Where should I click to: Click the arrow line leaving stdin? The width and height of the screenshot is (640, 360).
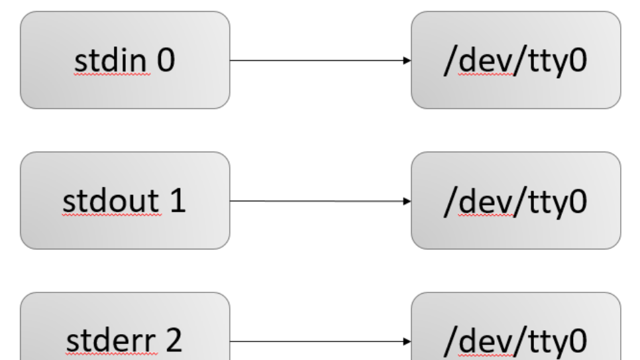[318, 60]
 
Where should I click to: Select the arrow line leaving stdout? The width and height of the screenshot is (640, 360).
[318, 201]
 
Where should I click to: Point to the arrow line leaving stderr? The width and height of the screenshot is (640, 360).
[318, 342]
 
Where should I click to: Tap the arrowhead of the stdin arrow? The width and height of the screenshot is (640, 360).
[407, 60]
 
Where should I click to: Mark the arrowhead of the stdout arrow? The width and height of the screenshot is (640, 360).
[407, 201]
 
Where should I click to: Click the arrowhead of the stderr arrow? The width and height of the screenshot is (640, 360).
[407, 342]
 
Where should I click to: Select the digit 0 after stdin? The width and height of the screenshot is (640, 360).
[166, 60]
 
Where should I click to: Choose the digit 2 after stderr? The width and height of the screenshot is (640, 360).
[174, 341]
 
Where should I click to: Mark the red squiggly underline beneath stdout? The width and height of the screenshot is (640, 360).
[111, 215]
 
